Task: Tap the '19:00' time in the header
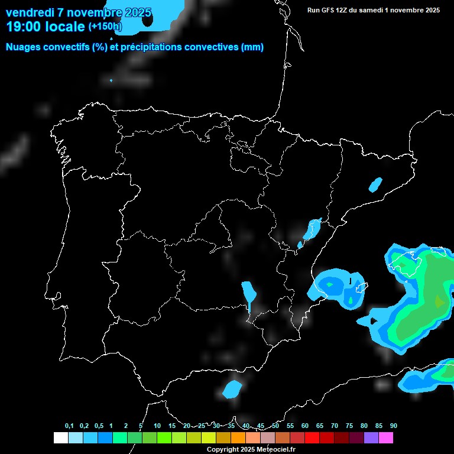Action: click(x=23, y=27)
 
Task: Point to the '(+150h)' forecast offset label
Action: click(x=105, y=27)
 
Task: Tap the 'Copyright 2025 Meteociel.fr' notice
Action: click(x=251, y=449)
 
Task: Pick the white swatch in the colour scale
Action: click(x=60, y=438)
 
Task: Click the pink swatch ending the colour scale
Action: click(x=386, y=438)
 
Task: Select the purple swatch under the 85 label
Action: click(x=371, y=438)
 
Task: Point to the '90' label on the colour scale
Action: click(x=393, y=426)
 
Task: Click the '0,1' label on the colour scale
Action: click(x=69, y=426)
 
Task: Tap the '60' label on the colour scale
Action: click(x=304, y=426)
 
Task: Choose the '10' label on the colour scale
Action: click(x=157, y=426)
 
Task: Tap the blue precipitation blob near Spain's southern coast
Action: click(x=232, y=389)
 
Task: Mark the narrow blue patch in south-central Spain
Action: click(x=249, y=293)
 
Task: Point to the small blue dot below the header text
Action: click(x=111, y=80)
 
